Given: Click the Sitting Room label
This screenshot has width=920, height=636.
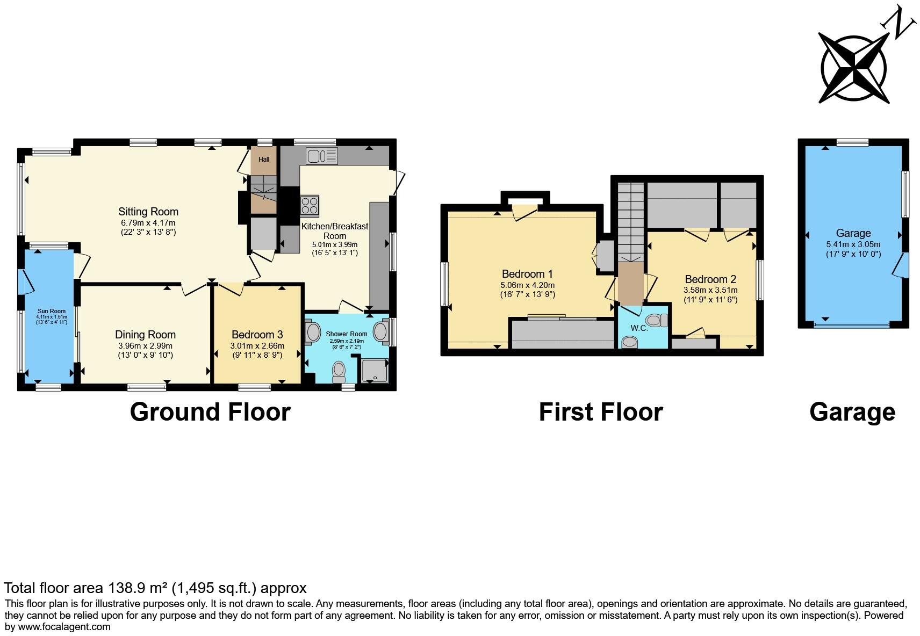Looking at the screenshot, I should [148, 212].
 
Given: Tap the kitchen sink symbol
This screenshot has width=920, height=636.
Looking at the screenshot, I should [321, 156].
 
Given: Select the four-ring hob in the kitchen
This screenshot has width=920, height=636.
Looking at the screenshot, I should [310, 206].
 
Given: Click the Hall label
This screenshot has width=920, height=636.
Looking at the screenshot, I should [264, 160].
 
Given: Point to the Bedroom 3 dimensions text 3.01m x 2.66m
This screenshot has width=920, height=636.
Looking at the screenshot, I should [257, 346].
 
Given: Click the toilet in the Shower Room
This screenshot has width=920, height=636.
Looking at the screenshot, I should [339, 370].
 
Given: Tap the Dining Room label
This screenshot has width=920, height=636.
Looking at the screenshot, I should [145, 335].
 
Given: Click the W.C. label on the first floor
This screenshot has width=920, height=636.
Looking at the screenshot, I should [639, 328].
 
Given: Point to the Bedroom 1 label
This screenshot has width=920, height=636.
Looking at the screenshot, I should [527, 274].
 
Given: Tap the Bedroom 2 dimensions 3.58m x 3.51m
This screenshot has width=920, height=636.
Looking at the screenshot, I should [710, 290].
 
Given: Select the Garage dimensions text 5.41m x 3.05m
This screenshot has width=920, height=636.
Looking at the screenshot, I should [853, 244].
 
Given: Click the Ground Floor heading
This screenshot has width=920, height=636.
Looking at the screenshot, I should [210, 412].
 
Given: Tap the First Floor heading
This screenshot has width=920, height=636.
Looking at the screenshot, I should [600, 412].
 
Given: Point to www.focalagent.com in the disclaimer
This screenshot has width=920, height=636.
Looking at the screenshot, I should [64, 626].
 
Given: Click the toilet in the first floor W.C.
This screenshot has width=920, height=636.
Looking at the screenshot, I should [655, 321].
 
